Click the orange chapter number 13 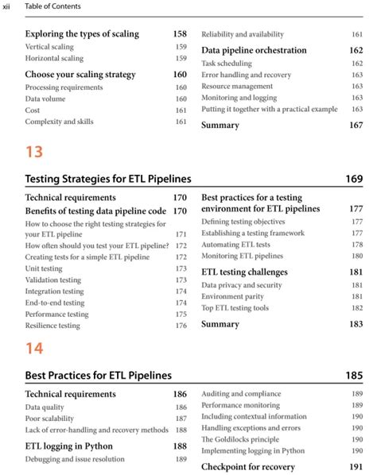(34, 152)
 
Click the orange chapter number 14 (34, 348)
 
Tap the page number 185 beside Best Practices (354, 375)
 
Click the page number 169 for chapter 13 (354, 179)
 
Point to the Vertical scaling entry (49, 47)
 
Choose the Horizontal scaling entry (54, 59)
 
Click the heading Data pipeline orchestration (254, 50)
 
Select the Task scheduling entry (227, 63)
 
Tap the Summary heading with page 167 (220, 126)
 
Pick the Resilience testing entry (52, 326)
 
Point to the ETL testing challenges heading (244, 272)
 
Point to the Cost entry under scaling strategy (33, 110)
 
